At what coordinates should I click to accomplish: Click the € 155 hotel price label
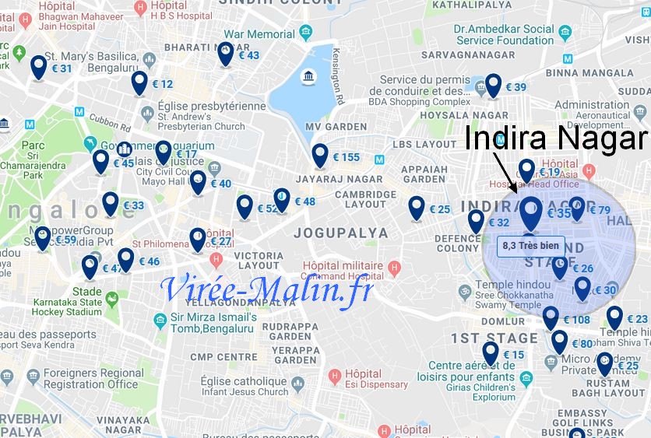pyautogui.click(x=347, y=157)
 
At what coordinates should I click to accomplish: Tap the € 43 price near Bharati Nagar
pyautogui.click(x=249, y=55)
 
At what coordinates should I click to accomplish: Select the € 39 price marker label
pyautogui.click(x=516, y=87)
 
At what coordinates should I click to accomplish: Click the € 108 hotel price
pyautogui.click(x=576, y=320)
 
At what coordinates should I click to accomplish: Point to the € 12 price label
pyautogui.click(x=163, y=84)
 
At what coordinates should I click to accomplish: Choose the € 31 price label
pyautogui.click(x=62, y=68)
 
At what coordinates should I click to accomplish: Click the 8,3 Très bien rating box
pyautogui.click(x=531, y=246)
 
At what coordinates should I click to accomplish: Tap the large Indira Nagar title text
pyautogui.click(x=556, y=138)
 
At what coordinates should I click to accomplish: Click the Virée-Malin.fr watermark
pyautogui.click(x=266, y=289)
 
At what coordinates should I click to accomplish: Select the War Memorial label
pyautogui.click(x=259, y=34)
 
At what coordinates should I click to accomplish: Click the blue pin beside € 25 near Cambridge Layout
pyautogui.click(x=417, y=207)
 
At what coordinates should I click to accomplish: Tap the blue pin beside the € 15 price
pyautogui.click(x=491, y=353)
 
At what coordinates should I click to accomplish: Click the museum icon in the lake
pyautogui.click(x=308, y=77)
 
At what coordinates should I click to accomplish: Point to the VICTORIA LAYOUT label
pyautogui.click(x=259, y=261)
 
